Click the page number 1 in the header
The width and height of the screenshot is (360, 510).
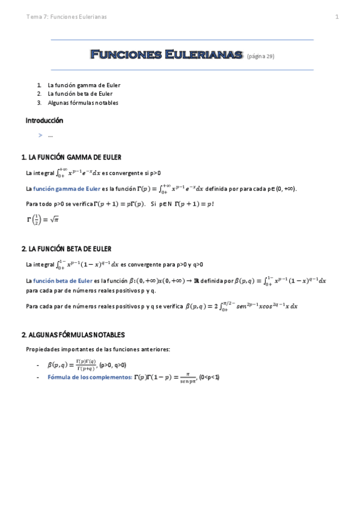pos(337,17)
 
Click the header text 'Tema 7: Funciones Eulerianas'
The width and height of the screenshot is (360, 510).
pos(67,17)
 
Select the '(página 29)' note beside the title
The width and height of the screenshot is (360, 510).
pos(260,57)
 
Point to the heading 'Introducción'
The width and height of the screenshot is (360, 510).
pos(44,120)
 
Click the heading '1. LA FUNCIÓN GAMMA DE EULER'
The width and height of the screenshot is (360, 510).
pos(72,158)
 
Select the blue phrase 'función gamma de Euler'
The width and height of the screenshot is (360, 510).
pos(67,189)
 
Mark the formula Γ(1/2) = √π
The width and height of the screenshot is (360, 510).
pos(42,220)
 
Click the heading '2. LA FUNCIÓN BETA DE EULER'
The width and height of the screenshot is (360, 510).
pos(66,248)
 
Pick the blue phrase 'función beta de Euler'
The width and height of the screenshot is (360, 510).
pos(63,280)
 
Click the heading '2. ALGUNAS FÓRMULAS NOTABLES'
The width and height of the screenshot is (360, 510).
pos(73,334)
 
